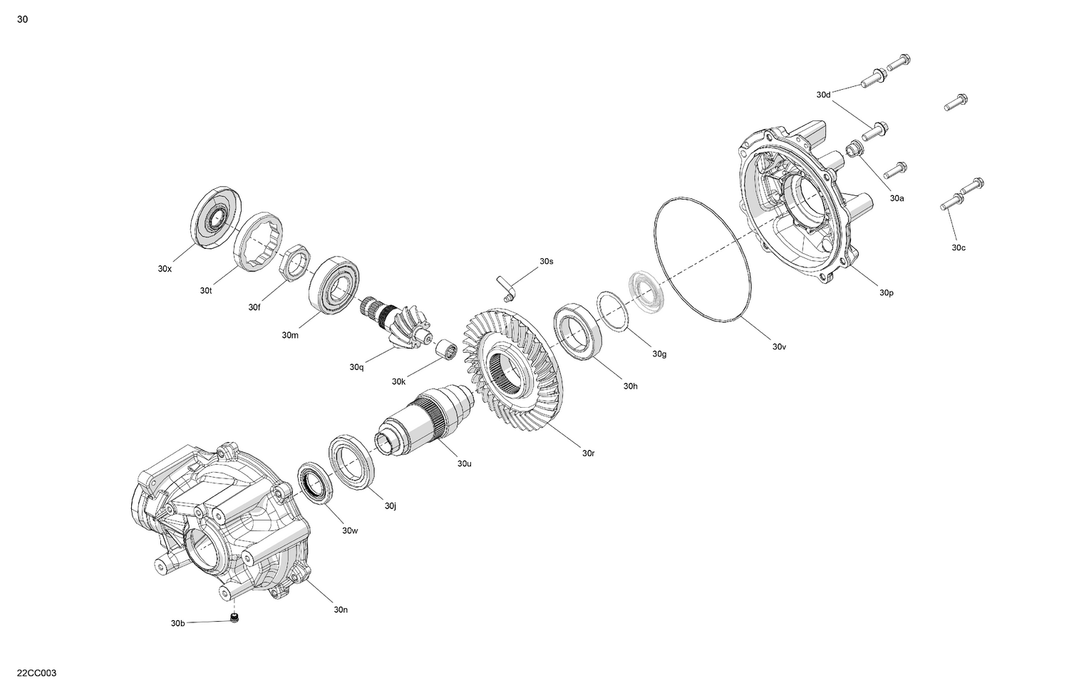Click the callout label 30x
point(165,269)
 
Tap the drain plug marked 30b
point(234,617)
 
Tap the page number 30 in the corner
point(23,19)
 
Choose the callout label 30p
point(886,292)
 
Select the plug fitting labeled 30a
point(852,149)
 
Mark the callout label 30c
point(959,247)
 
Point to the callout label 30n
point(341,610)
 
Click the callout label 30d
point(823,95)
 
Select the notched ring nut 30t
point(257,241)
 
